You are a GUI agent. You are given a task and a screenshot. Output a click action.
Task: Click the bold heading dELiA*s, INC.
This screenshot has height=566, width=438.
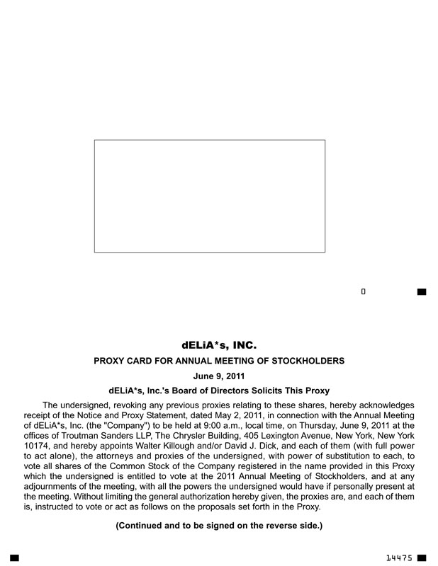coord(218,346)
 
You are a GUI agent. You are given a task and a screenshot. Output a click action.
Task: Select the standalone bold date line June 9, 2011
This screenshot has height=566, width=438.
coord(218,376)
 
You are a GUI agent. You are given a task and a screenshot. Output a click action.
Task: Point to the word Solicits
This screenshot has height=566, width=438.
coord(259,391)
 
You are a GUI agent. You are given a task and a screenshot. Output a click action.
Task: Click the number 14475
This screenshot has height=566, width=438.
coord(400,558)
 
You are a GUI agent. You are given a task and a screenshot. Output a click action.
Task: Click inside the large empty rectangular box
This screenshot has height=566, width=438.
coord(209,196)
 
